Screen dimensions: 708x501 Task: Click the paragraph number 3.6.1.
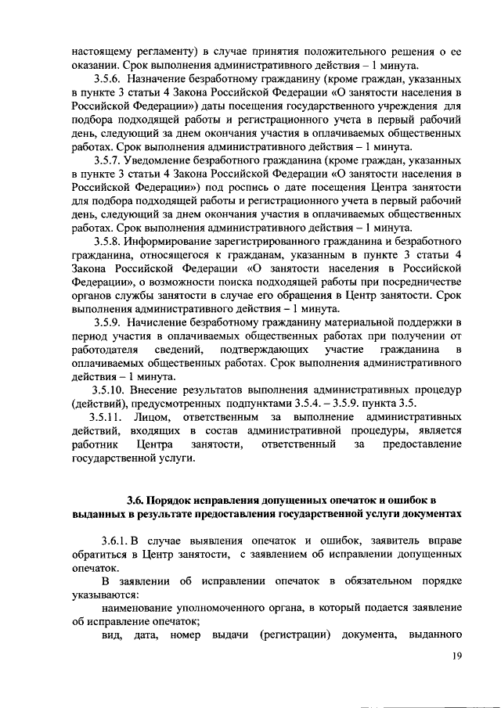(x=116, y=541)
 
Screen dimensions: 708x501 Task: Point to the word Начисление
(x=166, y=321)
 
